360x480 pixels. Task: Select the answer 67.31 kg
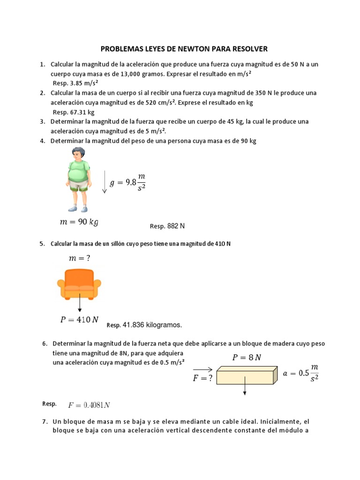tap(81, 112)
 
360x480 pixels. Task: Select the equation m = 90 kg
tap(79, 222)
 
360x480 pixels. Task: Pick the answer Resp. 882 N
tap(167, 226)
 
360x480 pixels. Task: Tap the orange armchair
tap(79, 284)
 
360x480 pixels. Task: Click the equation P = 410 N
tap(79, 320)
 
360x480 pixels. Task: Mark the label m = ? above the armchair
tap(79, 258)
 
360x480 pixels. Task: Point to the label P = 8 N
tap(247, 358)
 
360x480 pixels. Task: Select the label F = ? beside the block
tap(203, 378)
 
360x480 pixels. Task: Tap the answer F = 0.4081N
tap(89, 405)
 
